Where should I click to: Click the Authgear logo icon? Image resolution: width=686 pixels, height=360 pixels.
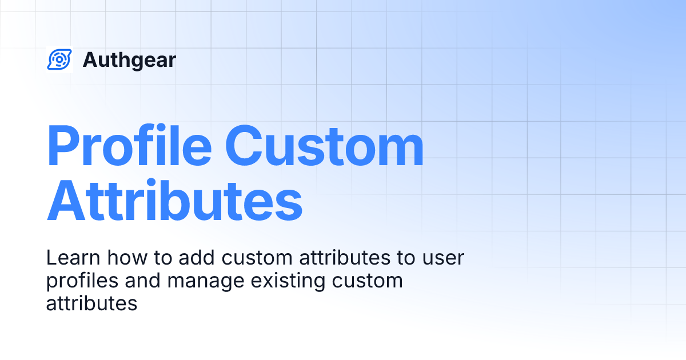59,59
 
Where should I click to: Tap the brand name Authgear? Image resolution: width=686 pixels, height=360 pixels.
129,60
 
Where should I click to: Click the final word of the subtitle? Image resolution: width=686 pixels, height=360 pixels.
91,303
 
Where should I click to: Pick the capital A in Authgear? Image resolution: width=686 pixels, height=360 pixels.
90,60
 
